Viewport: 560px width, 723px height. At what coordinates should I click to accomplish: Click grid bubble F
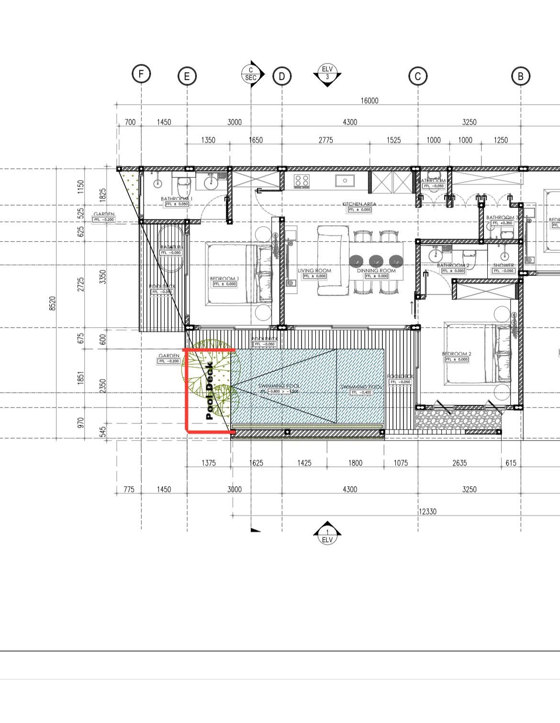click(141, 74)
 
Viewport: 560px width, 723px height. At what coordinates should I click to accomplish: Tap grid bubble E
click(187, 76)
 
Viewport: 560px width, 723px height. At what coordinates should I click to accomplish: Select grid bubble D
click(282, 76)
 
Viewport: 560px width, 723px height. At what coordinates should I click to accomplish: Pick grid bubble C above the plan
click(418, 76)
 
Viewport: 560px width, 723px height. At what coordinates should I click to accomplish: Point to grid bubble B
click(521, 76)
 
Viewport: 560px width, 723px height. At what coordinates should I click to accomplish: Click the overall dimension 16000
click(370, 100)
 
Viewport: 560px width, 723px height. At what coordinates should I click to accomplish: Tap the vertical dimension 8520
click(53, 303)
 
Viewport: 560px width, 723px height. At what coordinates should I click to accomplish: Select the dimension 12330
click(427, 512)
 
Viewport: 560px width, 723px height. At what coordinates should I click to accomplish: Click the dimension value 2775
click(325, 140)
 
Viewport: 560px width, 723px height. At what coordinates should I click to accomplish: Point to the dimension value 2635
click(459, 463)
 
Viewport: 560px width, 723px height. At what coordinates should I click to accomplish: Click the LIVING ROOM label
click(314, 271)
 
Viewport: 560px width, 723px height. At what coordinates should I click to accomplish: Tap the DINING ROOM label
click(376, 271)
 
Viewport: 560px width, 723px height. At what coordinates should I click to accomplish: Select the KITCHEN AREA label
click(359, 204)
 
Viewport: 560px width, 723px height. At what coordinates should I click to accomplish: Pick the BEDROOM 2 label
click(456, 354)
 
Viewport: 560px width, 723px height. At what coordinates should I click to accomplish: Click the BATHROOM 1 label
click(177, 199)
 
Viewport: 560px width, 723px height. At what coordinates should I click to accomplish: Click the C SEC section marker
click(251, 74)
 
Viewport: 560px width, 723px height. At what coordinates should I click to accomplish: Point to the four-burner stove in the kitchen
click(301, 180)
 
